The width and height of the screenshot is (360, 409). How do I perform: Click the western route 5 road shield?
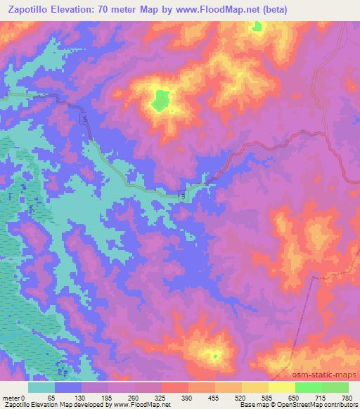[x=85, y=121]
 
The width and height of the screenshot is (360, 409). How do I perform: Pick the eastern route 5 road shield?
[x=183, y=196]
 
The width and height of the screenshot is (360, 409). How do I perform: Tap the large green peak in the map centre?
[x=160, y=100]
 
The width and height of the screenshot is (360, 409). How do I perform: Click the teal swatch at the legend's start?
[x=41, y=387]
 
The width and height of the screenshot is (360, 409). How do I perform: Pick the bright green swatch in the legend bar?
[x=308, y=387]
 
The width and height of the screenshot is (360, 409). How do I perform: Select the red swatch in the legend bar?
[x=175, y=387]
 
